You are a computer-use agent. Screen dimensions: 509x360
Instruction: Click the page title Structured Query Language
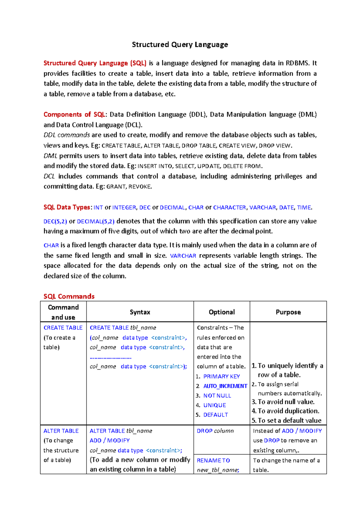(180, 45)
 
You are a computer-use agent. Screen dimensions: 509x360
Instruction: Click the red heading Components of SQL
(74, 115)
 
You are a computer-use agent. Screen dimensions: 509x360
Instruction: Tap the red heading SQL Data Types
(67, 207)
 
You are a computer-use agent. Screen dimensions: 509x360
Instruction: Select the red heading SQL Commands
(69, 296)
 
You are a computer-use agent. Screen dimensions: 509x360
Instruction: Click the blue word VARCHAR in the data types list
(262, 207)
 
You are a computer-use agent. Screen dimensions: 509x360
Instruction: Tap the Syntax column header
(140, 312)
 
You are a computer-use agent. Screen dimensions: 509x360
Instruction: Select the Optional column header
(222, 312)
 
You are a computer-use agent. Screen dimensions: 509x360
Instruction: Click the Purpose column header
(288, 312)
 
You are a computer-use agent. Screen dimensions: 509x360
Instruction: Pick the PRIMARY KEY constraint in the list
(221, 377)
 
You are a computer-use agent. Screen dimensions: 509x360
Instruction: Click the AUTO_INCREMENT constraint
(225, 386)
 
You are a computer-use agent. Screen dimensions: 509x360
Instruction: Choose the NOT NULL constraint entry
(217, 396)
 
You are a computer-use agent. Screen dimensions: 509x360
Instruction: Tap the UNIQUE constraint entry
(214, 405)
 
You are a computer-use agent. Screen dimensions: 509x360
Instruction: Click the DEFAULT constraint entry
(215, 415)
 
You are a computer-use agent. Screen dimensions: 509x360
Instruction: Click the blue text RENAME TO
(213, 460)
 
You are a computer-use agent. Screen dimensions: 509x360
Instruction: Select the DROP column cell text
(215, 431)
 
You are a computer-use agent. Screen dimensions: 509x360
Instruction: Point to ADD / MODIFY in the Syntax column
(109, 440)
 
